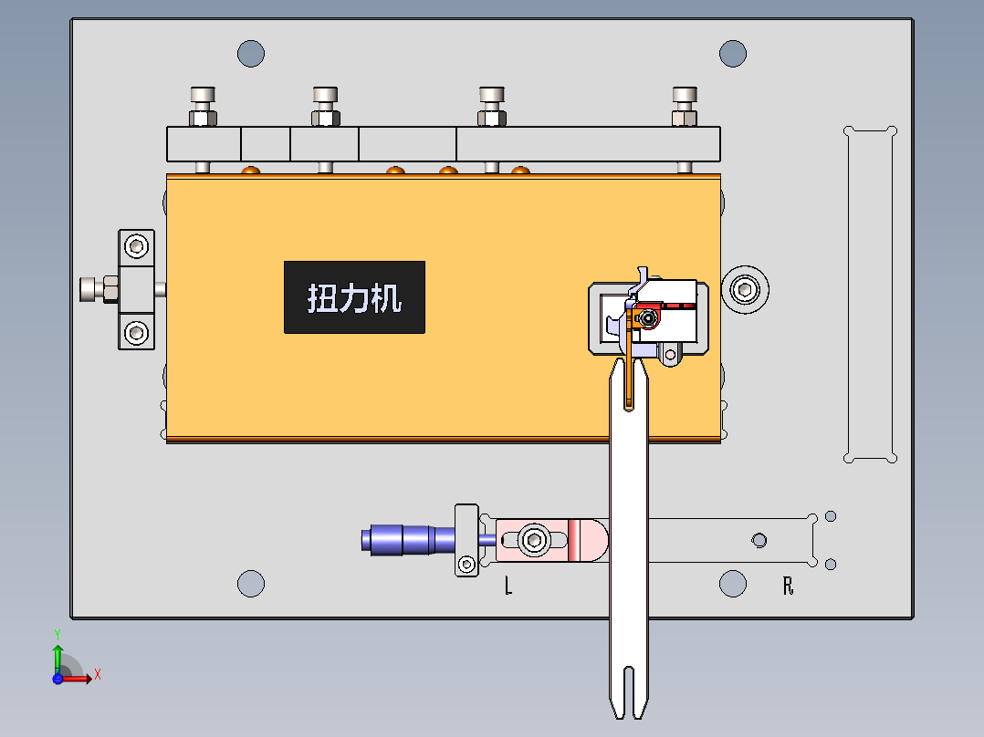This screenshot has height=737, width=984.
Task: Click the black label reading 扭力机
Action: pos(354,297)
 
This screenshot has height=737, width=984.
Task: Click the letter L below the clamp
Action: pos(508,586)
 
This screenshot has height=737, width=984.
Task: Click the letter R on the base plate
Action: pos(788,586)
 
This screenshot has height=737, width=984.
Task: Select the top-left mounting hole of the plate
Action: pos(251,54)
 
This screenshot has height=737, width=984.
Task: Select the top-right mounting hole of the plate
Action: pos(732,54)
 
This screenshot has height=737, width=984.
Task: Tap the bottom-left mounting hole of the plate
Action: pos(251,583)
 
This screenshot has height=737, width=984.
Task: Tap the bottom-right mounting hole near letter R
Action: pos(732,583)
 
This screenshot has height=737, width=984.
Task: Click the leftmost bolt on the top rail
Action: pos(203,105)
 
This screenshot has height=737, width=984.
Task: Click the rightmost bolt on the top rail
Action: pos(685,105)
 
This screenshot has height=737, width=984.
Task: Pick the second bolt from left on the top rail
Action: pos(325,105)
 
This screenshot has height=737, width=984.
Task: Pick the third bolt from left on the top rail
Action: pos(492,105)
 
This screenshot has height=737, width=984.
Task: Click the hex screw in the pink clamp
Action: pos(534,540)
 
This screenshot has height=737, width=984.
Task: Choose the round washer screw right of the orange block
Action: pos(746,291)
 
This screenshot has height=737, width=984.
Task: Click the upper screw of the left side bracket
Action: pos(136,246)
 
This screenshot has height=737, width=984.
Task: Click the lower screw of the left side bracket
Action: pos(136,331)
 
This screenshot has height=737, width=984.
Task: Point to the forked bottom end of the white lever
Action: pos(628,693)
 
